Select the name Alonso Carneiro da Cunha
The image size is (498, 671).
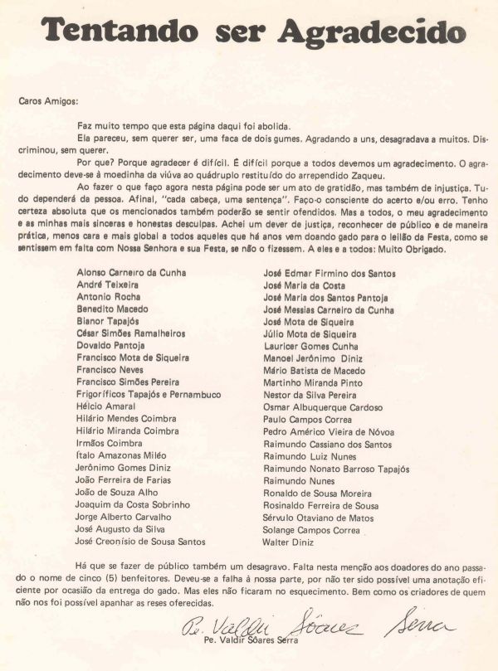tap(131, 271)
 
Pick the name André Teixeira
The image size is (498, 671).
tap(107, 284)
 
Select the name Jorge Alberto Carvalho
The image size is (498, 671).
tap(124, 517)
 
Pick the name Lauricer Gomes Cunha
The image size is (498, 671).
tap(310, 346)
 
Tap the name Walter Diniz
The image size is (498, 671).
tap(288, 542)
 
